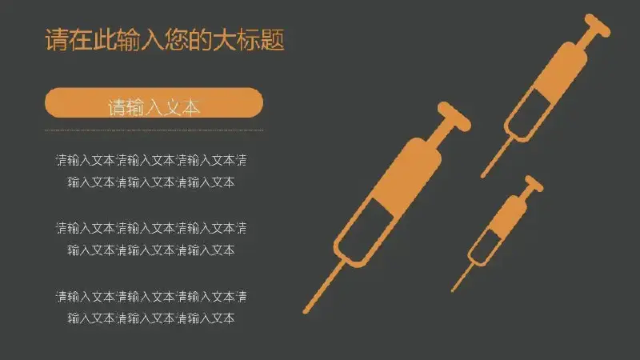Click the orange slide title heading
165,39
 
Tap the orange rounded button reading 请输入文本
154,103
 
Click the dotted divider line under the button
154,130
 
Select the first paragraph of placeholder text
151,171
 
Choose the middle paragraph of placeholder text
151,238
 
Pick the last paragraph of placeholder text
151,307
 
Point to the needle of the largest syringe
325,288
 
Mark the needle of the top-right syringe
497,158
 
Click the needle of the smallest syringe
464,277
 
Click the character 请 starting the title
57,40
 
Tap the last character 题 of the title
273,40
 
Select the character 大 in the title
225,40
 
